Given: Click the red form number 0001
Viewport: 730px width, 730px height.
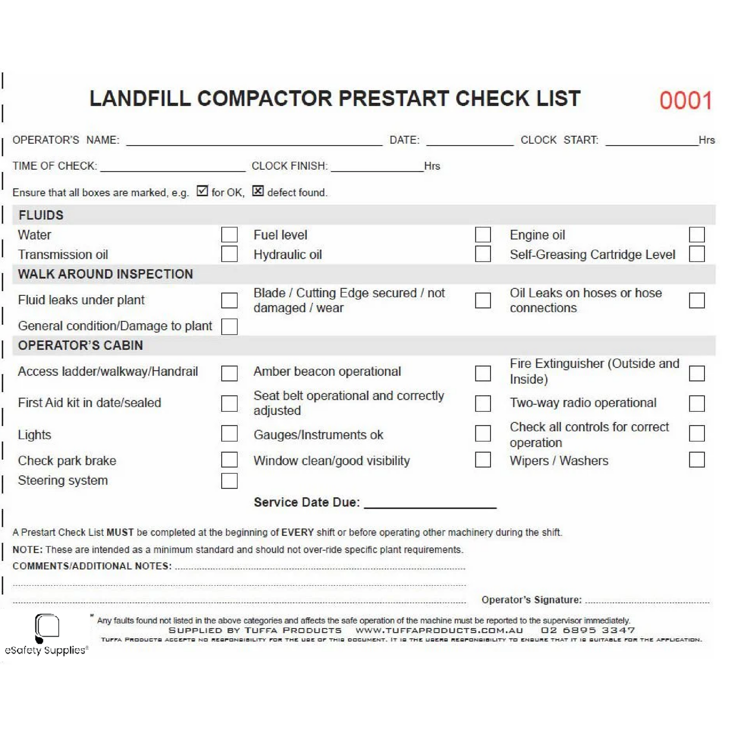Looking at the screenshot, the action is point(685,100).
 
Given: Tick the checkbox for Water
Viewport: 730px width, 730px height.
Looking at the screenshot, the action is point(229,235).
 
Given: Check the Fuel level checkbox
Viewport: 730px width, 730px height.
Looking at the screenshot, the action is point(483,235).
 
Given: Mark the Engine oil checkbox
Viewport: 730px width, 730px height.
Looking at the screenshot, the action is point(697,235).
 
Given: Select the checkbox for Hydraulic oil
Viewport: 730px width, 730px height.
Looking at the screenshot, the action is point(483,254).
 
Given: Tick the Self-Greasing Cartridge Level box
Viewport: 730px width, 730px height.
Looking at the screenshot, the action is point(697,254).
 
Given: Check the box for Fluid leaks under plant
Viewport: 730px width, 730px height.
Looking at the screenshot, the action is point(229,300).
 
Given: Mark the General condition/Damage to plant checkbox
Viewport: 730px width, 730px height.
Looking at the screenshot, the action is point(229,326).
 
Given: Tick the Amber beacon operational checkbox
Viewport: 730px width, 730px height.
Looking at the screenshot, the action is point(483,373).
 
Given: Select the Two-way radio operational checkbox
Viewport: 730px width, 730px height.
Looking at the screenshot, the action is point(697,403).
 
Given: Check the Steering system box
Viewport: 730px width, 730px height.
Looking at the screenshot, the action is point(229,481).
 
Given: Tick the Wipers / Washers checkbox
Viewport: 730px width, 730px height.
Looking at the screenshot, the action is point(697,460).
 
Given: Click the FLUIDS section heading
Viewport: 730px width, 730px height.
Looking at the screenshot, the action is point(41,215).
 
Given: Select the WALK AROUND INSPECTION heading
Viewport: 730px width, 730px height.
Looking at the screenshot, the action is point(105,274).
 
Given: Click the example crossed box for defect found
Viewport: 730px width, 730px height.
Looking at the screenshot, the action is point(258,191).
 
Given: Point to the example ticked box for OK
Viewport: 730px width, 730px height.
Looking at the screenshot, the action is point(202,191).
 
